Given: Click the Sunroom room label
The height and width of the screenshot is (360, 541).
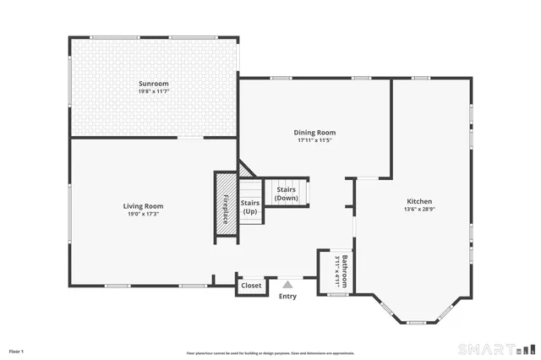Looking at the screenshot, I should [x=155, y=84].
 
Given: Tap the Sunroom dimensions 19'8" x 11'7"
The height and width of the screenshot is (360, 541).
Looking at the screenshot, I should [x=155, y=92].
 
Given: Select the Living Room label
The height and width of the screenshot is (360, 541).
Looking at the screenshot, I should [x=143, y=205].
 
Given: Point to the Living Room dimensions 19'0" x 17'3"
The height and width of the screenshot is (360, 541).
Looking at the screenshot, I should [x=143, y=214].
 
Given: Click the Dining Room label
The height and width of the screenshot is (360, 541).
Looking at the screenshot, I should [x=314, y=133].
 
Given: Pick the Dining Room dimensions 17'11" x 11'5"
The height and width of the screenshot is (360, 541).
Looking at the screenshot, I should [x=314, y=141].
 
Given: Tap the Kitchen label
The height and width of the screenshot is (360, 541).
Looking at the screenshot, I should [x=418, y=201].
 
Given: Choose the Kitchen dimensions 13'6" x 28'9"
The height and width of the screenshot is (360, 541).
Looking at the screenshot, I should [x=418, y=210].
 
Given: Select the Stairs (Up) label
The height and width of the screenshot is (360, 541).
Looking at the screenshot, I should [x=250, y=207].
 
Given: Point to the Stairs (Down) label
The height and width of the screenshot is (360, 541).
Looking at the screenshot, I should [x=287, y=194].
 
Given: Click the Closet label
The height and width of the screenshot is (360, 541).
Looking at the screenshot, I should [x=251, y=286].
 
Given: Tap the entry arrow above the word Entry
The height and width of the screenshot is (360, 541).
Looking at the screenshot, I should [x=288, y=285].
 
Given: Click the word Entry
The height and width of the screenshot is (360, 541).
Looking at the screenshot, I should [x=288, y=296].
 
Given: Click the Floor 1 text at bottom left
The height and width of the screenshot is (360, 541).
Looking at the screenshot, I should [x=16, y=351].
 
